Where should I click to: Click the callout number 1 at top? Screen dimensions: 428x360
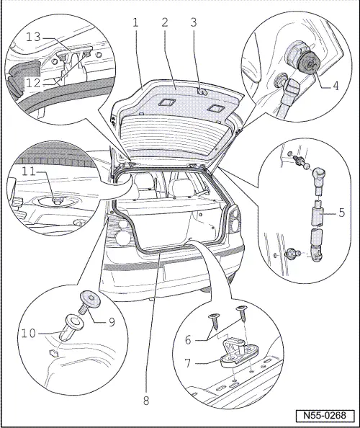pyautogui.click(x=134, y=22)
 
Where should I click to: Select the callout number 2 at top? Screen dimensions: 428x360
pyautogui.click(x=165, y=22)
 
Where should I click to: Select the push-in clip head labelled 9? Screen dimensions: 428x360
pyautogui.click(x=89, y=298)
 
